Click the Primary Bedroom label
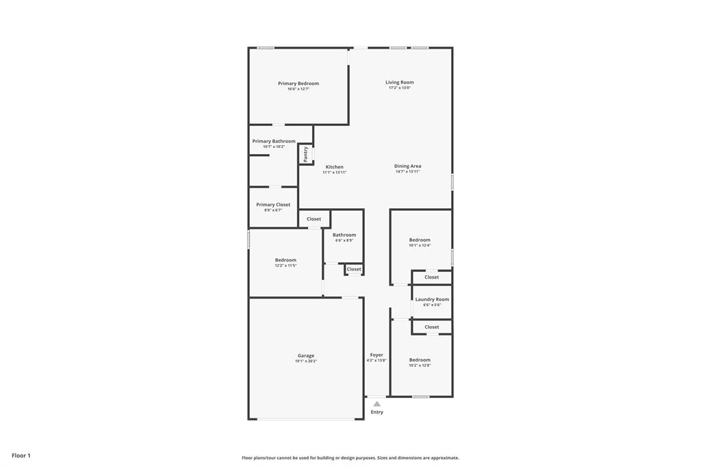pyautogui.click(x=298, y=84)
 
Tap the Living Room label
pyautogui.click(x=399, y=82)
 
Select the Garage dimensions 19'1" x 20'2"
pyautogui.click(x=306, y=361)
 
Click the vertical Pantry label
pyautogui.click(x=305, y=154)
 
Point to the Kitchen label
pyautogui.click(x=334, y=167)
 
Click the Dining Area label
pyautogui.click(x=407, y=166)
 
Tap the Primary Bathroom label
pyautogui.click(x=274, y=141)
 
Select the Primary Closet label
pyautogui.click(x=273, y=205)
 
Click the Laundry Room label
pyautogui.click(x=432, y=299)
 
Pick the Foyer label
pyautogui.click(x=377, y=355)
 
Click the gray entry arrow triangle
pyautogui.click(x=377, y=404)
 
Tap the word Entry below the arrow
pyautogui.click(x=377, y=412)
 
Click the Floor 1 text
pyautogui.click(x=21, y=455)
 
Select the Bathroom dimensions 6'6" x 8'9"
pyautogui.click(x=344, y=240)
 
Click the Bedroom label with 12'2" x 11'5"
pyautogui.click(x=285, y=260)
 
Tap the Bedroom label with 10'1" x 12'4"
pyautogui.click(x=420, y=240)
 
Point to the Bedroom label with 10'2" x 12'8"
pyautogui.click(x=420, y=359)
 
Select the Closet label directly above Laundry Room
pyautogui.click(x=431, y=277)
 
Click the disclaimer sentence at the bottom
pyautogui.click(x=350, y=458)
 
